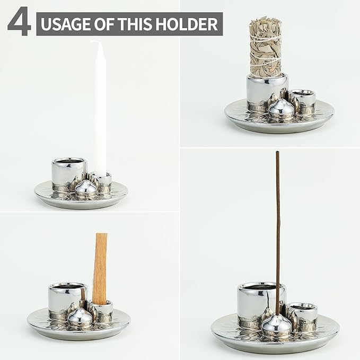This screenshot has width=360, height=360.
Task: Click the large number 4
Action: tap(19, 21)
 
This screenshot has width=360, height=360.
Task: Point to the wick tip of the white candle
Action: tap(91, 41)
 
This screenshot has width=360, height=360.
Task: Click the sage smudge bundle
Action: tap(266, 47)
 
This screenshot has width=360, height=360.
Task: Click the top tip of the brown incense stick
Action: tap(277, 152)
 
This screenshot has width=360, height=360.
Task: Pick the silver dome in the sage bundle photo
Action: tap(281, 108)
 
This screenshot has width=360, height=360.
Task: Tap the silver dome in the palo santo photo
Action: tap(80, 318)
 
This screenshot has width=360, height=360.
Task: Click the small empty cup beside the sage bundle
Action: tap(302, 101)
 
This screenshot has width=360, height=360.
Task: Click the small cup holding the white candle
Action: tap(101, 182)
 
